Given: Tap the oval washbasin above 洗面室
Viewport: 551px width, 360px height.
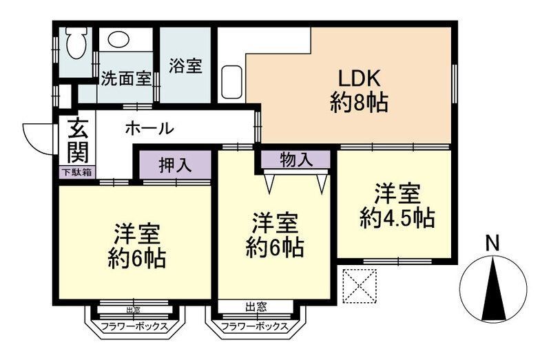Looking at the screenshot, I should (x=120, y=39).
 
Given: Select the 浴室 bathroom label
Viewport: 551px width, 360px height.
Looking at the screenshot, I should (x=186, y=67).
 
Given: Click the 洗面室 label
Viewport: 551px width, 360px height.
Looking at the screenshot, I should (x=126, y=78).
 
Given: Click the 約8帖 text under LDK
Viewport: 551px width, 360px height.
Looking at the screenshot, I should (x=359, y=104).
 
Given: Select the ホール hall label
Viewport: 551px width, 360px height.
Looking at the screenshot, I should (x=149, y=128).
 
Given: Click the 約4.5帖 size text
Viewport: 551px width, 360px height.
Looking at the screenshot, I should (x=397, y=219).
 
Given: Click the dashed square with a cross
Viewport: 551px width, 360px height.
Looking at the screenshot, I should (x=360, y=284).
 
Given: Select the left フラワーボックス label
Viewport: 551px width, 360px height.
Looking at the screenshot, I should (x=134, y=327).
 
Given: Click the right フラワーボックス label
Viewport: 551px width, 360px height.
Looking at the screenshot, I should (x=256, y=327).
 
